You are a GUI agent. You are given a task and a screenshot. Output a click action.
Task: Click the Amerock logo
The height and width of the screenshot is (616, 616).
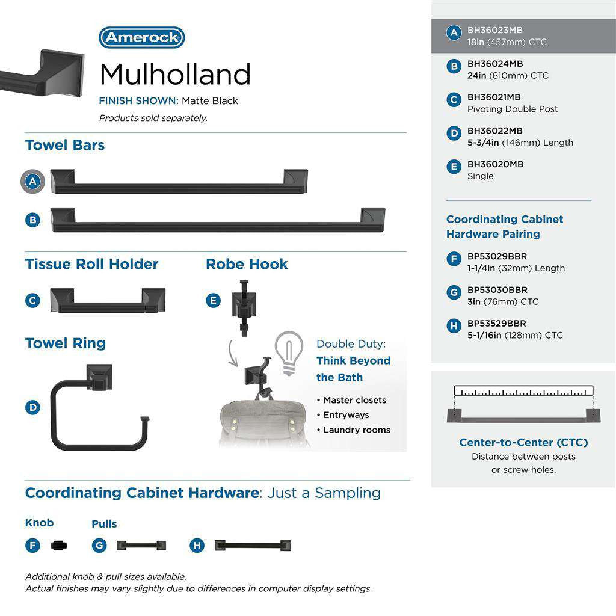click(141, 38)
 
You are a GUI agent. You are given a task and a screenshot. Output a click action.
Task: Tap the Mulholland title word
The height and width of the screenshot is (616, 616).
click(175, 75)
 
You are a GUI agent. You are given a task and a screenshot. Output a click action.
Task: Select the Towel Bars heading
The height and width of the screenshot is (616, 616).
click(65, 145)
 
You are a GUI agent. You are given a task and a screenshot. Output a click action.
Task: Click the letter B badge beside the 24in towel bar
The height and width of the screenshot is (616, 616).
click(33, 220)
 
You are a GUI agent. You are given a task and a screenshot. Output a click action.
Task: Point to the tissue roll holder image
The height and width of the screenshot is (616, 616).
click(107, 300)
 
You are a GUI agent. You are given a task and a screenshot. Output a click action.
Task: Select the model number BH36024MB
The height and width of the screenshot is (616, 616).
click(495, 64)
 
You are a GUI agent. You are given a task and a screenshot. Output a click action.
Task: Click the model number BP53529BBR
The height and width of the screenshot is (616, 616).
click(497, 324)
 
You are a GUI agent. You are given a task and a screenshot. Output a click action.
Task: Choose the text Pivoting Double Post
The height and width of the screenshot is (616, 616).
click(513, 109)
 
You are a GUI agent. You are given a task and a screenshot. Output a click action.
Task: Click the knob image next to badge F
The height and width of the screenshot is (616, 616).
click(60, 546)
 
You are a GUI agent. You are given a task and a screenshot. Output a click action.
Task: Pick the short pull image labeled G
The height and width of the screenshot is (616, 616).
click(141, 546)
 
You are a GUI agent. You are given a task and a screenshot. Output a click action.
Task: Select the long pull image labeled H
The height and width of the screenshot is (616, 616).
click(253, 546)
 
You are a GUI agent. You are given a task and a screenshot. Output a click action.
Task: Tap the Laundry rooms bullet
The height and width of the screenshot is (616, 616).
click(356, 430)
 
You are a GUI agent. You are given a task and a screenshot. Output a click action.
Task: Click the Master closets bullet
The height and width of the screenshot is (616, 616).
click(354, 400)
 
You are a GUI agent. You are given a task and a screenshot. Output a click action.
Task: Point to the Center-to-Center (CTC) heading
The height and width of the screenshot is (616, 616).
click(523, 442)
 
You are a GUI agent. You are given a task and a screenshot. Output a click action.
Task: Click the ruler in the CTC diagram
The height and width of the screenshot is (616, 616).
click(523, 390)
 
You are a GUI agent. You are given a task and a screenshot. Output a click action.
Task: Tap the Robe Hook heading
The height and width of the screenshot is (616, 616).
click(247, 264)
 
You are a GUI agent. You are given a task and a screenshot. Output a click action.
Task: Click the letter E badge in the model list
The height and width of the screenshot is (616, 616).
click(454, 167)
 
